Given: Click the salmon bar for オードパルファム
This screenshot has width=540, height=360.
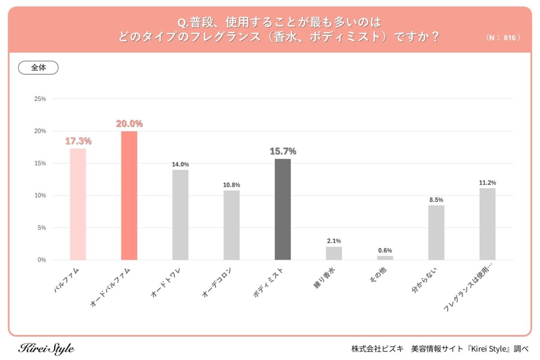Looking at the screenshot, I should click(129, 196).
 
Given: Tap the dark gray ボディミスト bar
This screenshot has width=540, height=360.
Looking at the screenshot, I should click(283, 209).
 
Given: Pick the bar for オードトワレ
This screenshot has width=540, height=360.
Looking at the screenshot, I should click(180, 215).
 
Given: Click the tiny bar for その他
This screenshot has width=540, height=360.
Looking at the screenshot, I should click(385, 258).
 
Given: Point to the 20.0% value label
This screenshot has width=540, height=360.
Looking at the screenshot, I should click(129, 124).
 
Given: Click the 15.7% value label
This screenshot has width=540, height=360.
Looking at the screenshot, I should click(283, 152).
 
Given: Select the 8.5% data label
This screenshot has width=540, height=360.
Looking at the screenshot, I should click(436, 199).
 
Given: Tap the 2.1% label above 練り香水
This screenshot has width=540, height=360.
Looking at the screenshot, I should click(334, 241).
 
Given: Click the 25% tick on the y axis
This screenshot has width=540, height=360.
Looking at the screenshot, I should click(40, 99).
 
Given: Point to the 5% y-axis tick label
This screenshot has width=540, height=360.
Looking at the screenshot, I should click(41, 228).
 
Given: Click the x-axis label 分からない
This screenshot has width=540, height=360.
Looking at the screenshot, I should click(425, 281).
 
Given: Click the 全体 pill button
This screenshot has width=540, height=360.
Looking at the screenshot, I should click(38, 67).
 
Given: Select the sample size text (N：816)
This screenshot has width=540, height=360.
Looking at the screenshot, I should click(503, 38).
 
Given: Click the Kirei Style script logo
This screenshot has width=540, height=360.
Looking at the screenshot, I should click(46, 348).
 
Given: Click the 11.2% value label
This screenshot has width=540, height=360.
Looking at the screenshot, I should click(487, 183).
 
